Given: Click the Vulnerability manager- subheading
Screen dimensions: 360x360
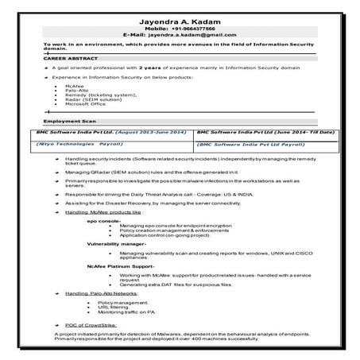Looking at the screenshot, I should click(117, 243).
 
